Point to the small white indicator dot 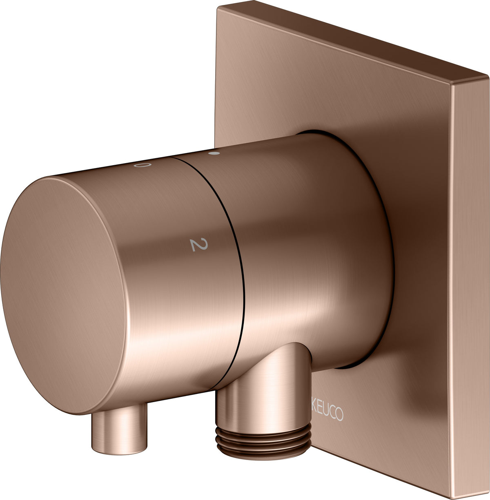214,153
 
